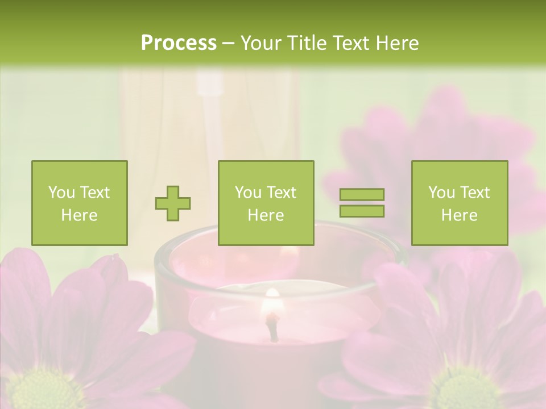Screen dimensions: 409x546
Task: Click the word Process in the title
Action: tap(179, 43)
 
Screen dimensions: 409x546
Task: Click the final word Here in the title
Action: tap(398, 43)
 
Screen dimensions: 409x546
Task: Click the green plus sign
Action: tap(173, 203)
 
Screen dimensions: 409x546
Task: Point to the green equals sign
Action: tap(362, 203)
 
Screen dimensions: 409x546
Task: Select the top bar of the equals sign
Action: tap(362, 195)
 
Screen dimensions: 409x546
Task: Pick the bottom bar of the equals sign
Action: tap(362, 211)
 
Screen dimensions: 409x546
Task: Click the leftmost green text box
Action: tap(79, 203)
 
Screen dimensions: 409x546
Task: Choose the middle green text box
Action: tap(266, 203)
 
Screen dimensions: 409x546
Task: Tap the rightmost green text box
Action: tap(459, 203)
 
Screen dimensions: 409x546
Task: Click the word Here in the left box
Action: tap(79, 215)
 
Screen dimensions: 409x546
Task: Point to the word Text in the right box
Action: tap(475, 193)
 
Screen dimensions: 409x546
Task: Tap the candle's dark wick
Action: tap(274, 329)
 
